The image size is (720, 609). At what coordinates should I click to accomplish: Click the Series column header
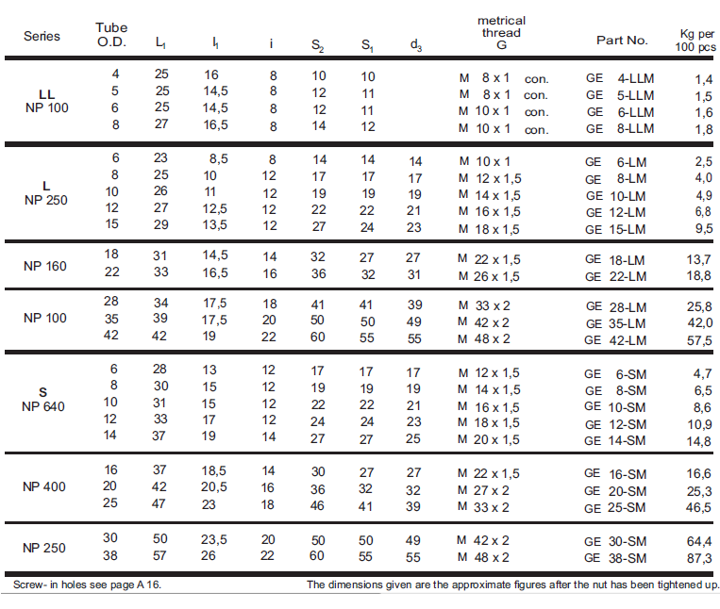tap(42, 36)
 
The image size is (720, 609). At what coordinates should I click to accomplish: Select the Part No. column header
tap(622, 41)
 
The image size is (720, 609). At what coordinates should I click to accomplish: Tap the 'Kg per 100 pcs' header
tap(695, 41)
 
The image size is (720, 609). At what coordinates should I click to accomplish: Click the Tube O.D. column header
tap(111, 35)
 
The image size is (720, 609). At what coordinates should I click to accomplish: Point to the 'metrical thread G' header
tap(501, 33)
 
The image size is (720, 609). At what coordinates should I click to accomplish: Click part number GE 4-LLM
tap(620, 78)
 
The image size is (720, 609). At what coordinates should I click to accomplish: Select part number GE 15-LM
tap(615, 229)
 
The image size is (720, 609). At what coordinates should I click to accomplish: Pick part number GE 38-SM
tap(615, 558)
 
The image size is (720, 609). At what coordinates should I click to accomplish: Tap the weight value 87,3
tap(699, 558)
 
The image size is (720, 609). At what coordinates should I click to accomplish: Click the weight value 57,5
tap(699, 340)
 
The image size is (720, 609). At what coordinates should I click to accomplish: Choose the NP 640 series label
tap(43, 406)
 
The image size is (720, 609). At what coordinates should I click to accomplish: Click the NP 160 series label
tap(45, 266)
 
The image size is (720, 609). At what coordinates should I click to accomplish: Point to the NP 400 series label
tap(44, 486)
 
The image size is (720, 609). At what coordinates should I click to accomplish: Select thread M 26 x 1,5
tap(489, 276)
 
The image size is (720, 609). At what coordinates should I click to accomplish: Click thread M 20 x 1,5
tap(489, 439)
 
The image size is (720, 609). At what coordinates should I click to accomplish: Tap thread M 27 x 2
tap(483, 490)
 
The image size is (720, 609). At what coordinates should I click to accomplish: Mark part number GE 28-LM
tap(616, 306)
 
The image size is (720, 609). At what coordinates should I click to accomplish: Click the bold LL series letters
tap(47, 94)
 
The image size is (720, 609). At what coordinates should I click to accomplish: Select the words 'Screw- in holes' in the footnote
tap(43, 584)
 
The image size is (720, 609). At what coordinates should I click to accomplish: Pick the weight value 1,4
tap(703, 80)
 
